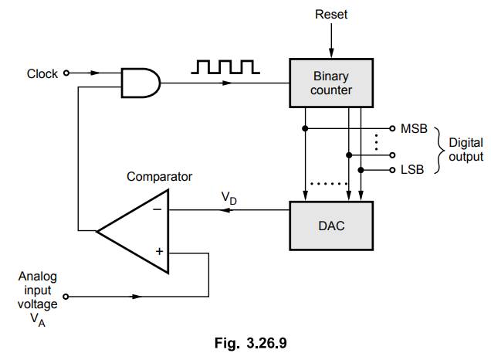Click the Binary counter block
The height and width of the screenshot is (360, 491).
coord(332,83)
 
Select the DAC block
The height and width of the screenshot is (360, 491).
coord(332,225)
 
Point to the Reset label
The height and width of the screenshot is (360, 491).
coord(332,15)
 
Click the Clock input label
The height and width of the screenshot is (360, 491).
coord(42,74)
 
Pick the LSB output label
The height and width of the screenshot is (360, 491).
coord(413,169)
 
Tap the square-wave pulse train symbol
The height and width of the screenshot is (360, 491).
coord(225,68)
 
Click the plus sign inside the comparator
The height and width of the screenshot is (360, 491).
coord(157,252)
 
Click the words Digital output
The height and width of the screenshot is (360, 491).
coord(466,149)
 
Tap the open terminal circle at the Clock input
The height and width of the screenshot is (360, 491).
coord(66,74)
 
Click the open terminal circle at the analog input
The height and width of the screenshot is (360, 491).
coord(66,296)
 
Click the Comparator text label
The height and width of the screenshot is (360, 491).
coord(159,177)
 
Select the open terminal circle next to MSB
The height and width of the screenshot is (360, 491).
coord(392,127)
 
